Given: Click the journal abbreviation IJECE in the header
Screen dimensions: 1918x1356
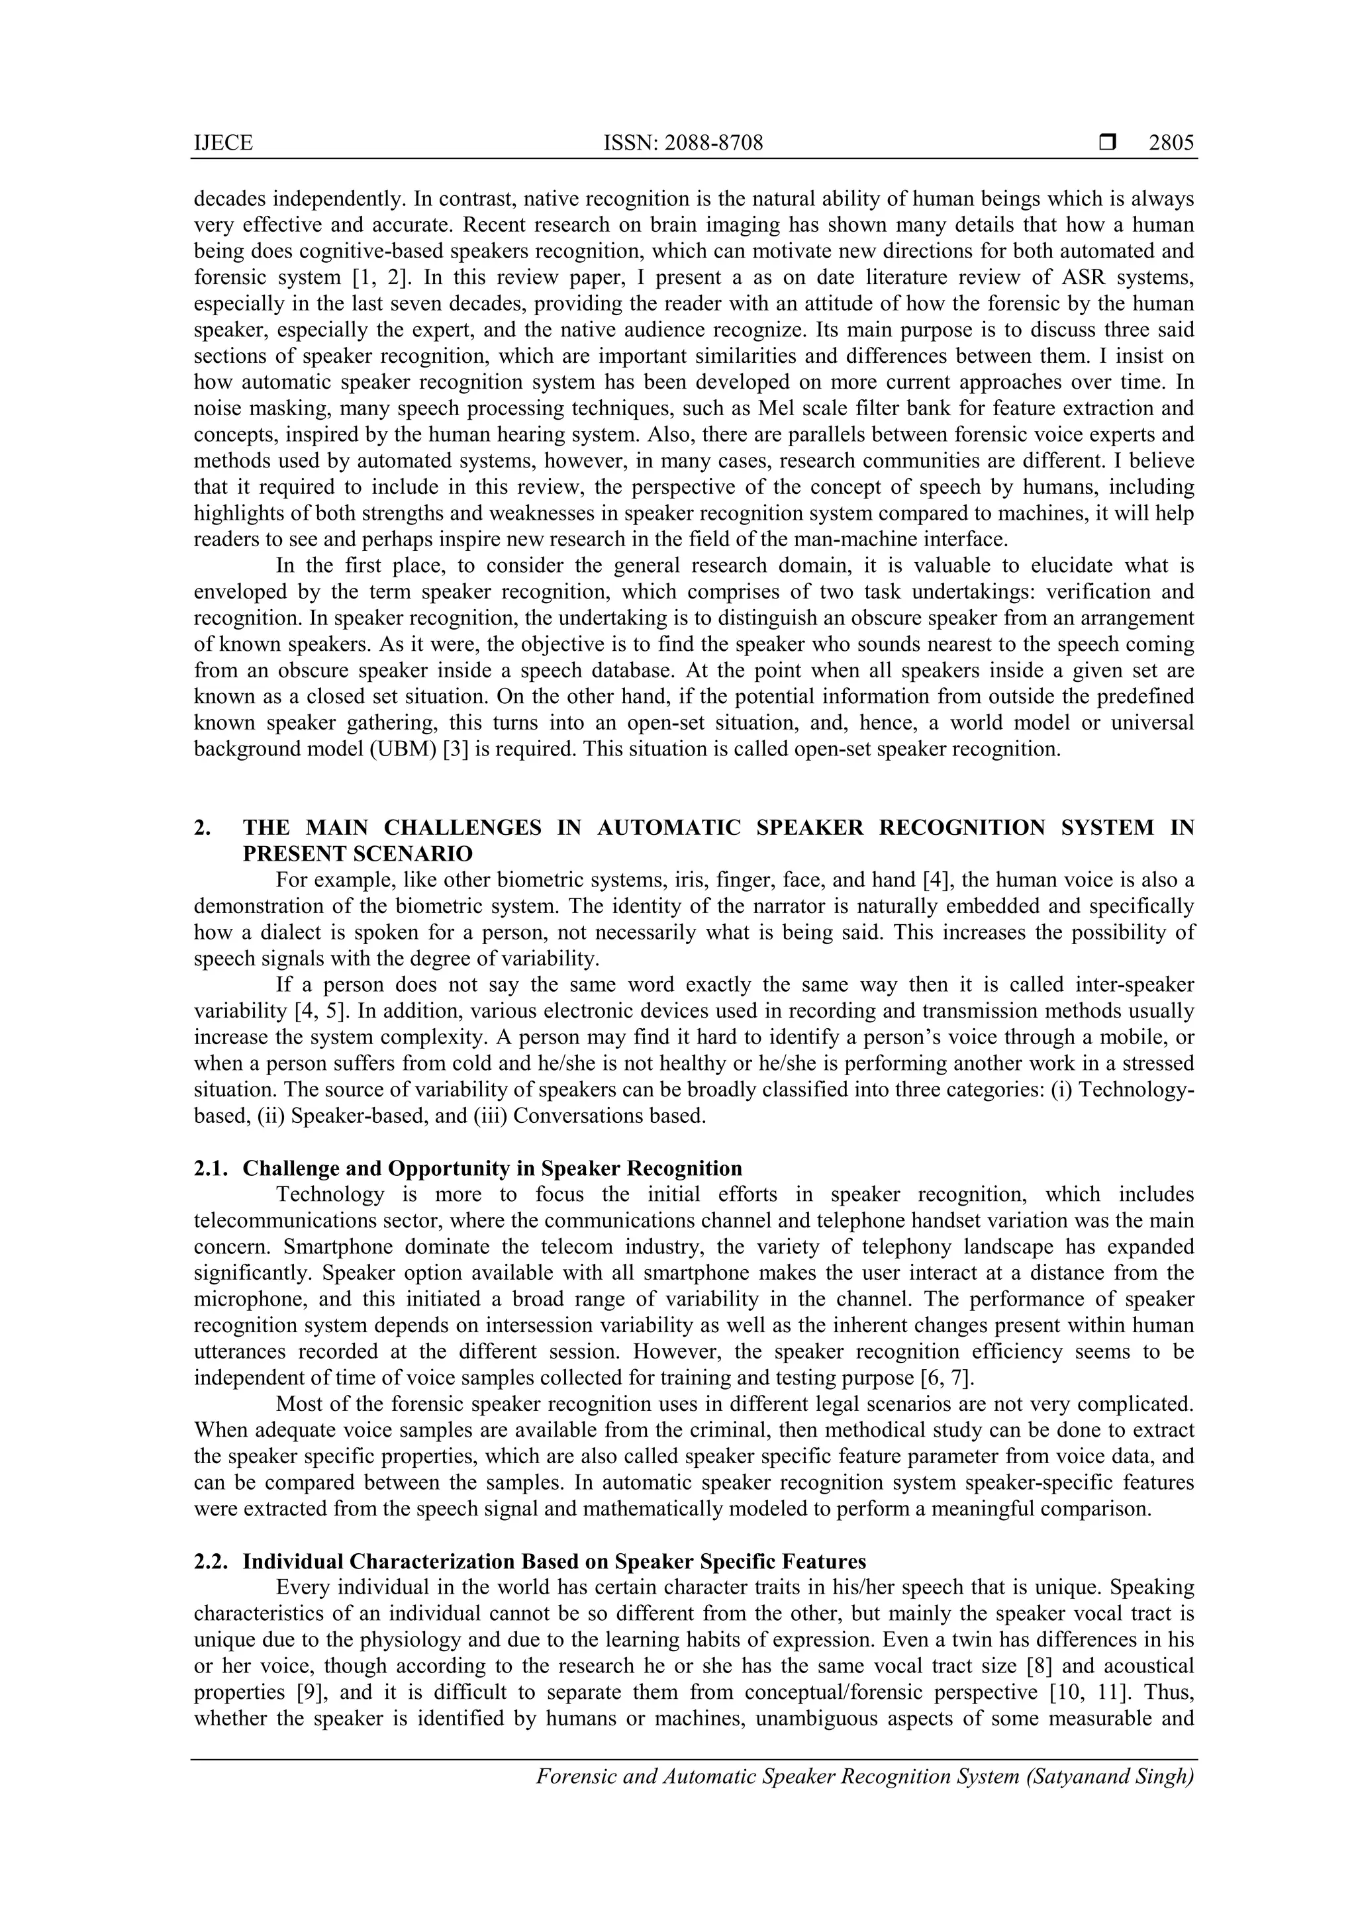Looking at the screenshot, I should coord(223,144).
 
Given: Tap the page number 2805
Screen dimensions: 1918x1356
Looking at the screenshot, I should coord(1171,144).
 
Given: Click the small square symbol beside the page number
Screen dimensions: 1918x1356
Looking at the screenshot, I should coord(1107,144).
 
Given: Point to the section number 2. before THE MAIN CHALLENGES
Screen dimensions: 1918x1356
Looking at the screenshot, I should coord(202,827).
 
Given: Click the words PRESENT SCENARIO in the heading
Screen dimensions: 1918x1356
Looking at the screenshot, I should coord(358,854).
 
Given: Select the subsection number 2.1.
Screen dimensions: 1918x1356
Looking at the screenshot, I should coord(210,1168).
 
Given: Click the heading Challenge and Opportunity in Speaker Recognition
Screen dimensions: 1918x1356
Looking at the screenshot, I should coord(492,1168).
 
